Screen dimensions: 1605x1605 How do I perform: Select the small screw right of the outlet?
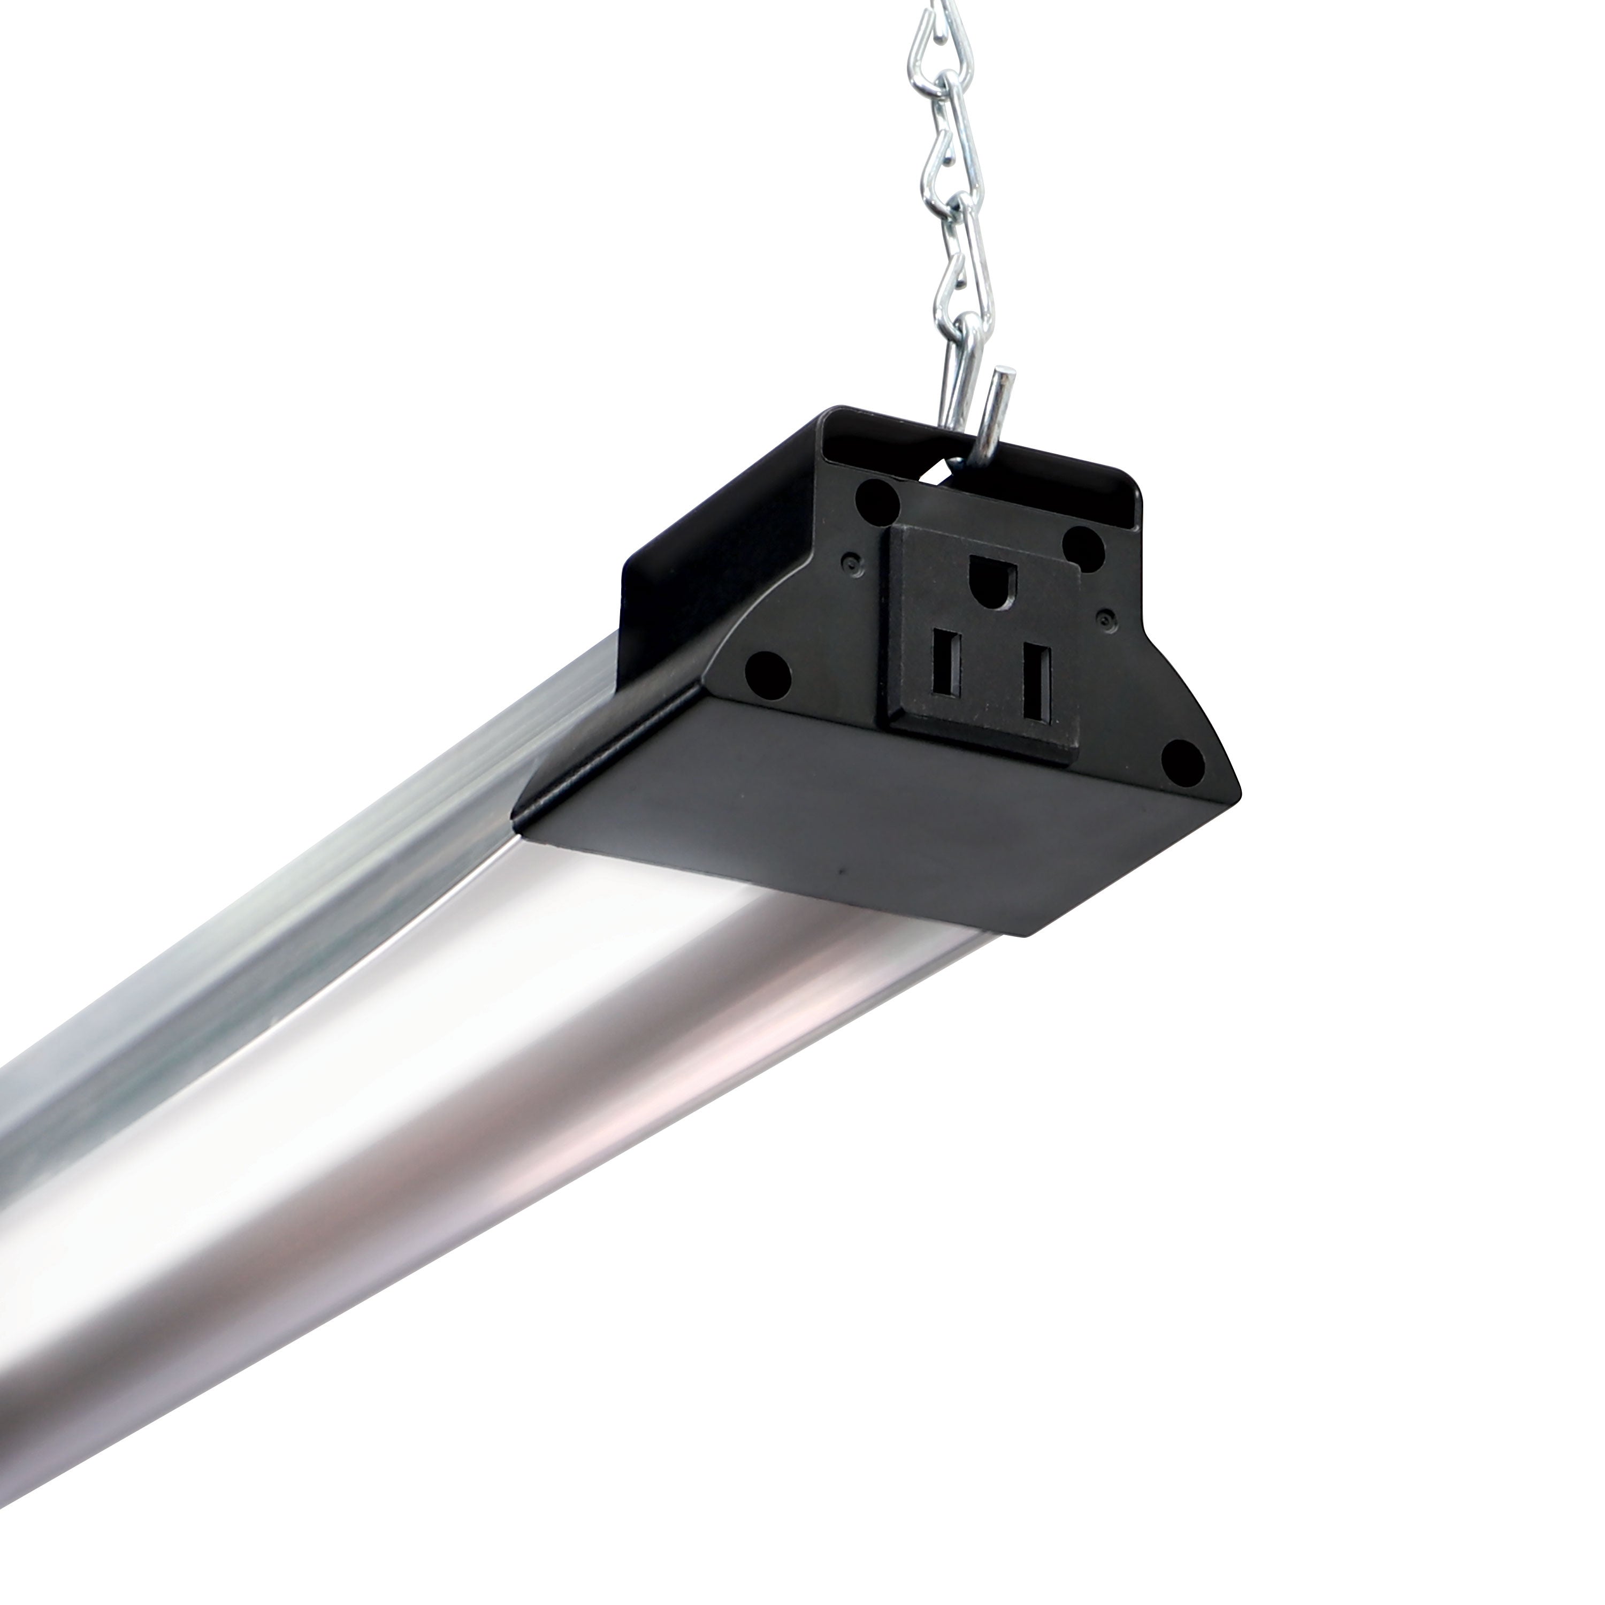pos(1104,616)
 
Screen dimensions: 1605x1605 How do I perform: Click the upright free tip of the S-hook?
pos(1006,378)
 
